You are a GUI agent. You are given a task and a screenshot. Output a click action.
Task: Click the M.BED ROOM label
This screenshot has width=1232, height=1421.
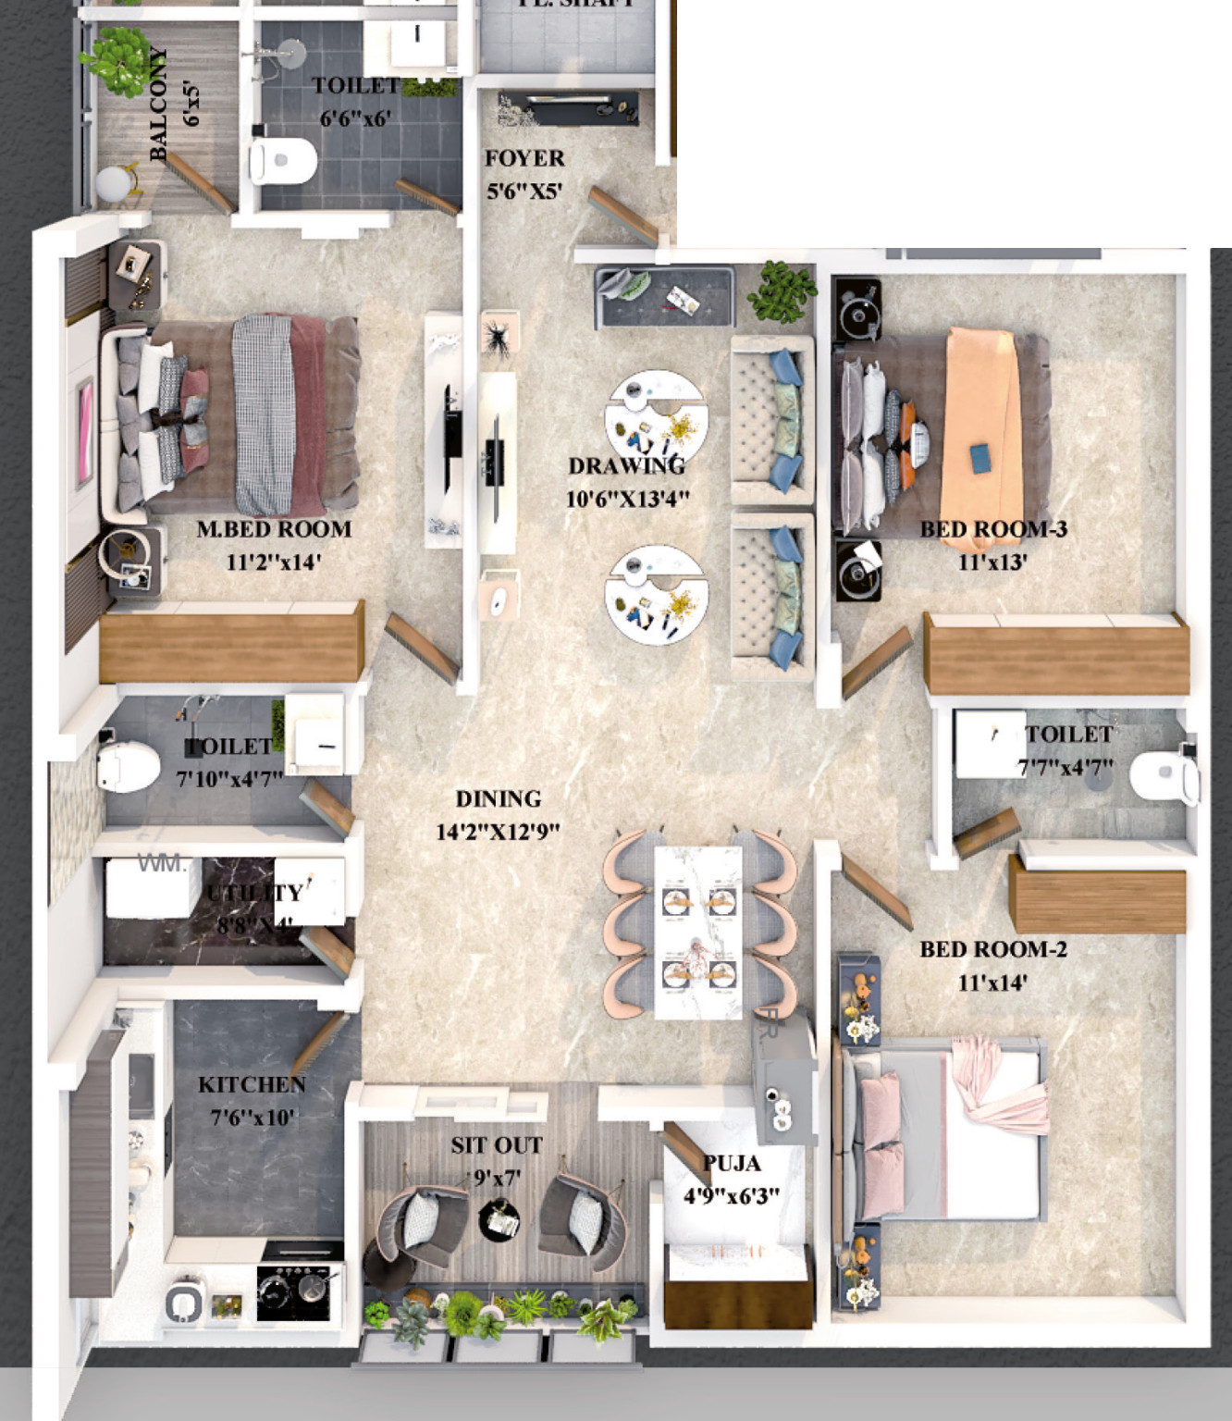pyautogui.click(x=274, y=530)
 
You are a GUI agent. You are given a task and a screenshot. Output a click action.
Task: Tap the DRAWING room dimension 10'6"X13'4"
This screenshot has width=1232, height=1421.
pyautogui.click(x=627, y=500)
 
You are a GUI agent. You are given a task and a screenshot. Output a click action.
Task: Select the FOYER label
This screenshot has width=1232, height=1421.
pyautogui.click(x=524, y=159)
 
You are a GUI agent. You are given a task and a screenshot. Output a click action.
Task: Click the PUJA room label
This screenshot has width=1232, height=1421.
pyautogui.click(x=732, y=1164)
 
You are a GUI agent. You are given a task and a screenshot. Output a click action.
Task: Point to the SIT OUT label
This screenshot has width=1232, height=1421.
pyautogui.click(x=497, y=1146)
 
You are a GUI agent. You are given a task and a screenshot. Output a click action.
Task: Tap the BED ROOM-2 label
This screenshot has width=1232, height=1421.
pyautogui.click(x=993, y=950)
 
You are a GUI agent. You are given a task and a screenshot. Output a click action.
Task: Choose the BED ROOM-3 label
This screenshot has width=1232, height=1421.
pyautogui.click(x=993, y=529)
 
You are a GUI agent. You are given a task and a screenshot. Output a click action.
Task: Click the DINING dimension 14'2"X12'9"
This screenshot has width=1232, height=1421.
pyautogui.click(x=498, y=832)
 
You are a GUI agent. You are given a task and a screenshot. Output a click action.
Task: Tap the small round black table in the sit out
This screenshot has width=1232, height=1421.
pyautogui.click(x=499, y=1220)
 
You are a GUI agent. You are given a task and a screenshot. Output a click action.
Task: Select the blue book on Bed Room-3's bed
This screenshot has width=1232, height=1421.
pyautogui.click(x=979, y=456)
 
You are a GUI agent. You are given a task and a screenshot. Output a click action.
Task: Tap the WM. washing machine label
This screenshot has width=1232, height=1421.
pyautogui.click(x=162, y=864)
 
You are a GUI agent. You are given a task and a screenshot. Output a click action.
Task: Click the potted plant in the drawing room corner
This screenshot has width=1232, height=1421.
pyautogui.click(x=782, y=291)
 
